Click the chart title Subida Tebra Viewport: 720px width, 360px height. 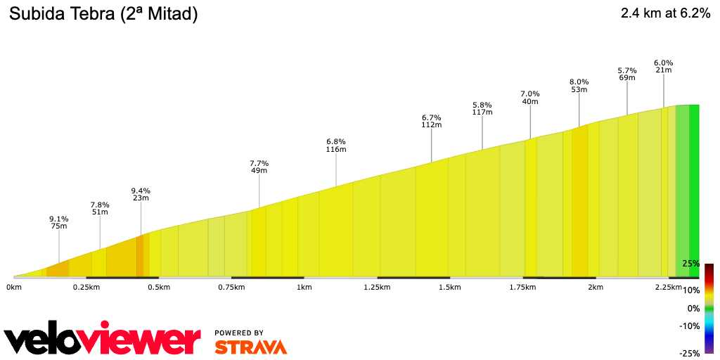[103, 13]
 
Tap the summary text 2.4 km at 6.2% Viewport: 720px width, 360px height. [665, 13]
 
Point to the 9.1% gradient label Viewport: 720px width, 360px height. [58, 221]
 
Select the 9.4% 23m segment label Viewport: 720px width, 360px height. [141, 194]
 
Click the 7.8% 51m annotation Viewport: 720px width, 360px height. [100, 208]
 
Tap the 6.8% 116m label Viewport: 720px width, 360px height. [336, 145]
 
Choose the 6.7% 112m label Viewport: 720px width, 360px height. [431, 121]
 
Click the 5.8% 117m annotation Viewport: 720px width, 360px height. [482, 108]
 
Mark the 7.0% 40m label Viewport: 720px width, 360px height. [529, 98]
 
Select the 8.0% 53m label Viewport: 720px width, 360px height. [579, 85]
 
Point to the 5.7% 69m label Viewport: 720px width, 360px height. [627, 74]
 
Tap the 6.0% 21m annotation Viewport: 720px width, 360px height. [663, 65]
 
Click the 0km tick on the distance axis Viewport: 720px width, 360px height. [13, 288]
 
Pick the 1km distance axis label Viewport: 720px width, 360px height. [304, 288]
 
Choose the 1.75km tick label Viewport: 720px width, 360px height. [523, 288]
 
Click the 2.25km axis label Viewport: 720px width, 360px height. [668, 288]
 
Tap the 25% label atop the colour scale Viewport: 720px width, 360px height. [690, 264]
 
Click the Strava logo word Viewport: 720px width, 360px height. [250, 347]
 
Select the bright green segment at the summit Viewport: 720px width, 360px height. [694, 190]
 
